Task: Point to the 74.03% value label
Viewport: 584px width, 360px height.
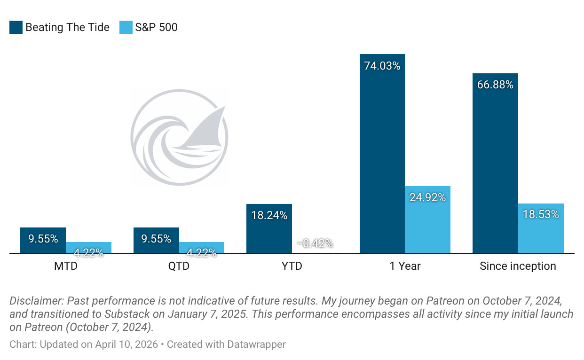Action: click(382, 66)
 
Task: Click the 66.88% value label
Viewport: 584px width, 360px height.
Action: click(495, 85)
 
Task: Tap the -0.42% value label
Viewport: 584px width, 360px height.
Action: click(315, 243)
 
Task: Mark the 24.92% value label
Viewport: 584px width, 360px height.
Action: click(427, 197)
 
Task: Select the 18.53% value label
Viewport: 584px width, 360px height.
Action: click(541, 215)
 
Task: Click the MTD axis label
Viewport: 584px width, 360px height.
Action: click(66, 266)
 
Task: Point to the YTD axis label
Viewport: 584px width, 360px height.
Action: click(292, 266)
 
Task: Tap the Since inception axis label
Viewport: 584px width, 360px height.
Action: click(518, 266)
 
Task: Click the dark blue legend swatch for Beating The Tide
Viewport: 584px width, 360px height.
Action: click(16, 27)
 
